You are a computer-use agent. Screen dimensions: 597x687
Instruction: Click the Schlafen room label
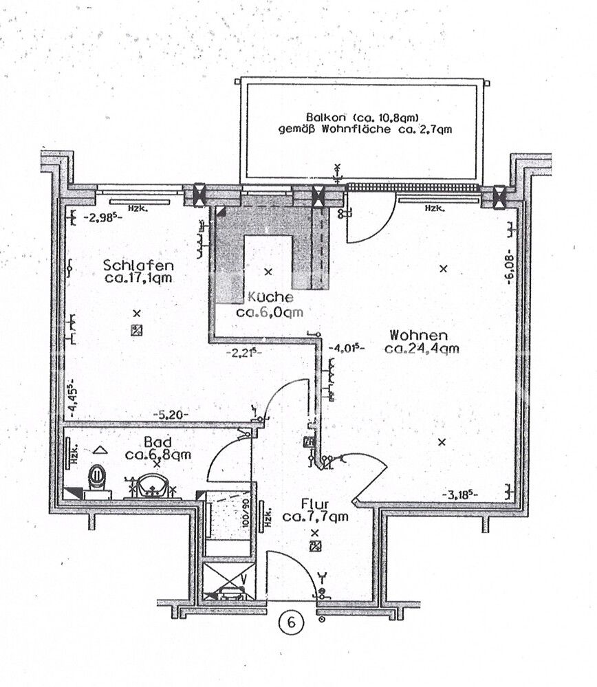tap(138, 265)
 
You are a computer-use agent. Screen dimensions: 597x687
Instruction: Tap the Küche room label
tap(270, 297)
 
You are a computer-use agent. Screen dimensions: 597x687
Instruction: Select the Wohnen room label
tap(419, 336)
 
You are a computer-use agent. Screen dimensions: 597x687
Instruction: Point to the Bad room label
tap(158, 441)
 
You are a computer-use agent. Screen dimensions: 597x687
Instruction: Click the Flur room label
tap(315, 504)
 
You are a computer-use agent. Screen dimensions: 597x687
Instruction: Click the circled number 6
tap(292, 622)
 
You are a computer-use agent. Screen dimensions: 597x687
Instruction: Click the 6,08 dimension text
tap(510, 266)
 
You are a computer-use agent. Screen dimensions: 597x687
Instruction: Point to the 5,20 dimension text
tap(171, 414)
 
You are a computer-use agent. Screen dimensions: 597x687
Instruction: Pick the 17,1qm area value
tap(138, 278)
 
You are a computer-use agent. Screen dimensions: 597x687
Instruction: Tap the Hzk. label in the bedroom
tap(138, 208)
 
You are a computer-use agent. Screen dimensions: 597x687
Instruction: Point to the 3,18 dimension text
tap(460, 495)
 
